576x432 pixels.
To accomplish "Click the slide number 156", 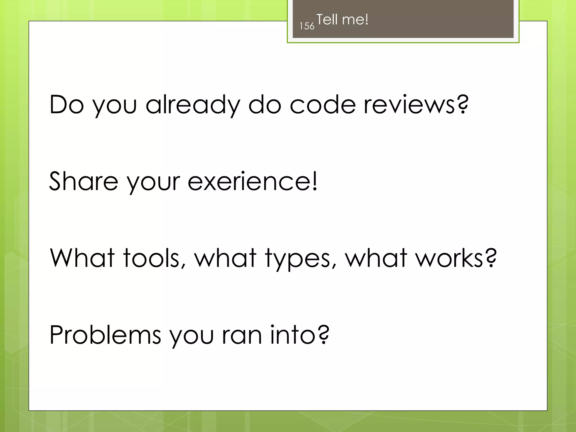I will (x=307, y=26).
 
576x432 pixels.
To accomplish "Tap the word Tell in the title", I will (x=327, y=20).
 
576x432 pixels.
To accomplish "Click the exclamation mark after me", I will (x=366, y=19).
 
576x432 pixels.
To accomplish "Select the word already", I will (x=193, y=105).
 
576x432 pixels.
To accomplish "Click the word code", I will (x=323, y=105).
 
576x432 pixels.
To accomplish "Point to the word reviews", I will (x=409, y=105).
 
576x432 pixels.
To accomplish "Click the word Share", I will (x=84, y=181).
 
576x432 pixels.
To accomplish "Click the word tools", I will (x=152, y=258).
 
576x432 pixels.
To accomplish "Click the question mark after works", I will (x=491, y=257).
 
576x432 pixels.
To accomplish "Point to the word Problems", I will (x=105, y=335).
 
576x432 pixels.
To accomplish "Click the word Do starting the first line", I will (x=67, y=105).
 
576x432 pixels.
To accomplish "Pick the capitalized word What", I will (x=82, y=258).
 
